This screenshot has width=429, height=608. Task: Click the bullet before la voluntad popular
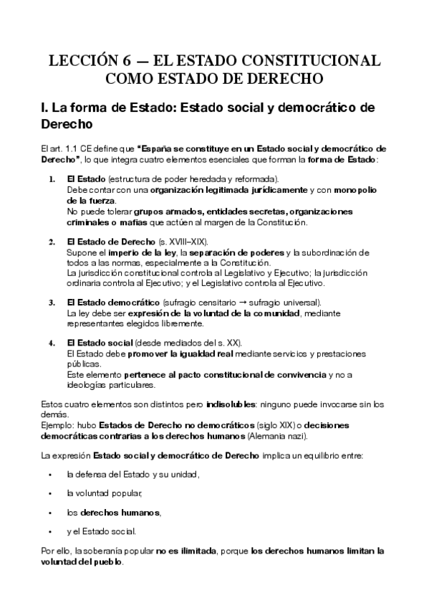pos(50,493)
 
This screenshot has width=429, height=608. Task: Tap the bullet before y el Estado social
pos(50,531)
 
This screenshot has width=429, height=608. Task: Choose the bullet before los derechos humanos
pos(50,513)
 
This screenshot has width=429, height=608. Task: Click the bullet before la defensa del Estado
pos(50,475)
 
